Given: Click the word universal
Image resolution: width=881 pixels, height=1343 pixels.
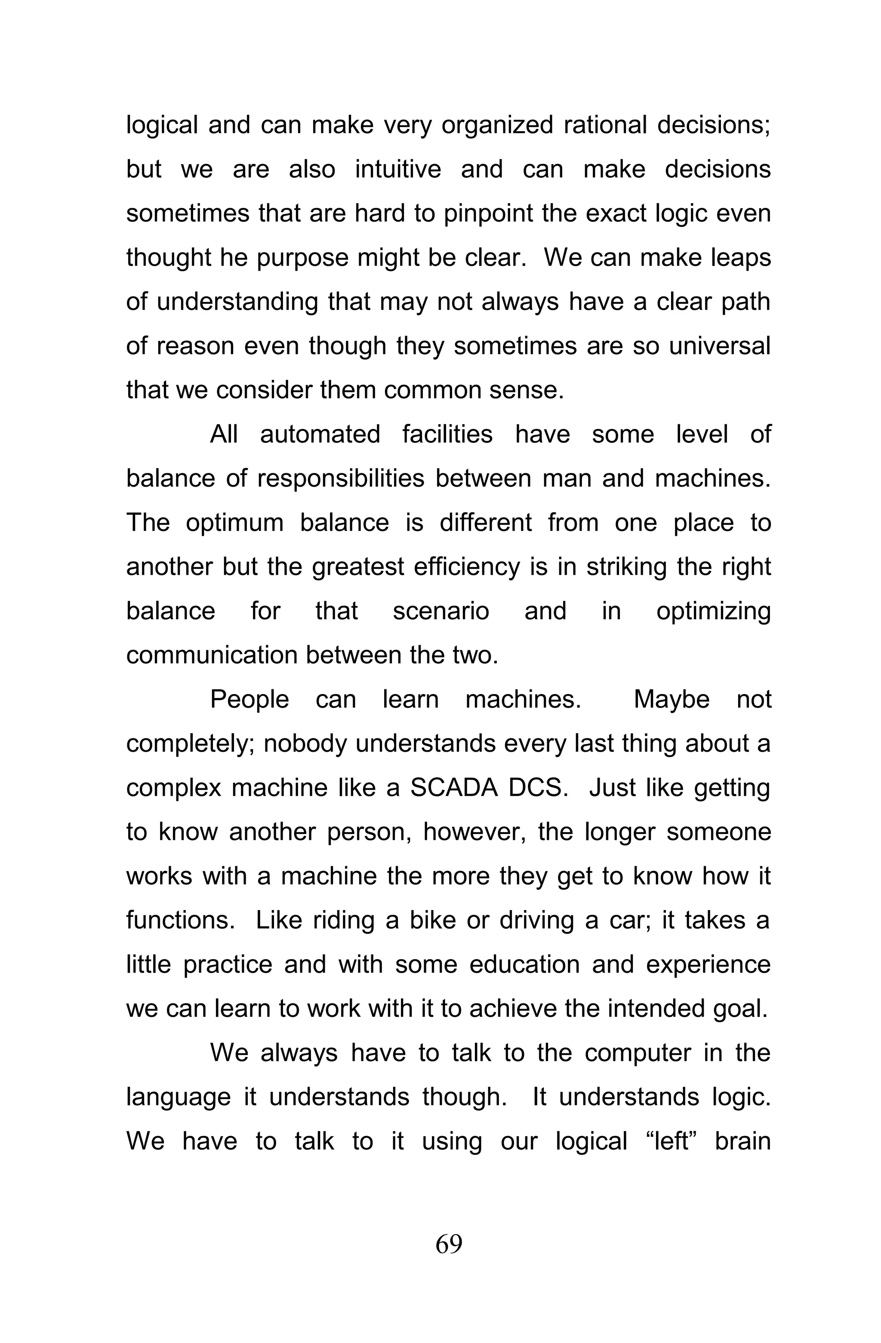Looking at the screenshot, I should click(719, 346).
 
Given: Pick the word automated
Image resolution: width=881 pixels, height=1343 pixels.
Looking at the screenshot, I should click(320, 435).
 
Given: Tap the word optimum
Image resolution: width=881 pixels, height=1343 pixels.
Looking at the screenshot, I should click(234, 523).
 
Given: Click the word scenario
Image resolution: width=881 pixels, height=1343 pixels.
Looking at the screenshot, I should click(440, 611).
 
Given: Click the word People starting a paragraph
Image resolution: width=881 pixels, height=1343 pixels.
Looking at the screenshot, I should click(250, 700).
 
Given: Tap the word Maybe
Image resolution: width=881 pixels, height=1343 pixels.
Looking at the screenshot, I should click(671, 700).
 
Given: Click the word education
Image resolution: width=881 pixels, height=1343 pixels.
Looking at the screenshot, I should click(524, 964).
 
